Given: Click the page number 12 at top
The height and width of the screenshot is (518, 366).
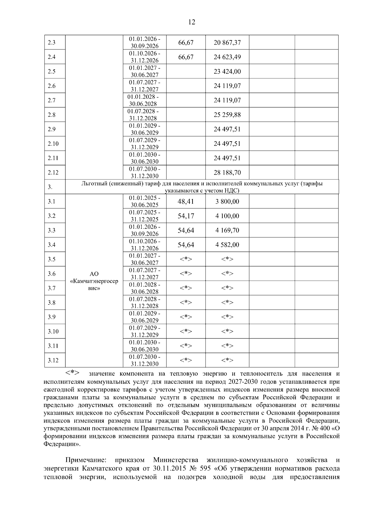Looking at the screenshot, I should pyautogui.click(x=192, y=22).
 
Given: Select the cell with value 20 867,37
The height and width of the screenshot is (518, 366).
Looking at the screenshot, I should pyautogui.click(x=227, y=43).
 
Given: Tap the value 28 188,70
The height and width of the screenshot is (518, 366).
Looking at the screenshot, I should pyautogui.click(x=227, y=173).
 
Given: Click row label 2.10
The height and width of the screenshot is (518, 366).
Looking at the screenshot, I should pyautogui.click(x=53, y=144).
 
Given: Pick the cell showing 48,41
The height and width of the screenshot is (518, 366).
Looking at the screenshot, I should pyautogui.click(x=186, y=202).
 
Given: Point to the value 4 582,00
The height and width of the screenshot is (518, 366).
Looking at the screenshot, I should pyautogui.click(x=227, y=245).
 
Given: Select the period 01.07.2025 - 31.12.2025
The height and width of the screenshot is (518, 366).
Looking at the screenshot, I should pyautogui.click(x=145, y=216).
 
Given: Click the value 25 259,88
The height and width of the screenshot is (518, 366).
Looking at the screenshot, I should pyautogui.click(x=227, y=115).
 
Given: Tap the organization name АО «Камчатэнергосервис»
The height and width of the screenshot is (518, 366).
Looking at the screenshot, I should pyautogui.click(x=94, y=281).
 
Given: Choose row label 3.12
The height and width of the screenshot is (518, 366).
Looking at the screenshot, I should pyautogui.click(x=53, y=361).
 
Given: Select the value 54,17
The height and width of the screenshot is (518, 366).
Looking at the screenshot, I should pyautogui.click(x=186, y=216).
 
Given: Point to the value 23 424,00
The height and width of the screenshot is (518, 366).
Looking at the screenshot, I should pyautogui.click(x=227, y=72).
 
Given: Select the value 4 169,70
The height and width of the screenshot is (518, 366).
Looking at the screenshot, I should pyautogui.click(x=227, y=230).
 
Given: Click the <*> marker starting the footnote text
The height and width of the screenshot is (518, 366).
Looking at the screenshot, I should pyautogui.click(x=73, y=373).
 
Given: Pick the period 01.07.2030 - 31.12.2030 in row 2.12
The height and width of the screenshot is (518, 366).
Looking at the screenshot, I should pyautogui.click(x=145, y=173).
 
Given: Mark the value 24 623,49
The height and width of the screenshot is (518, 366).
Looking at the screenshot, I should pyautogui.click(x=227, y=57).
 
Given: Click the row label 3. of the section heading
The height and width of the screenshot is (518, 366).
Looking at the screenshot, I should pyautogui.click(x=50, y=187).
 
